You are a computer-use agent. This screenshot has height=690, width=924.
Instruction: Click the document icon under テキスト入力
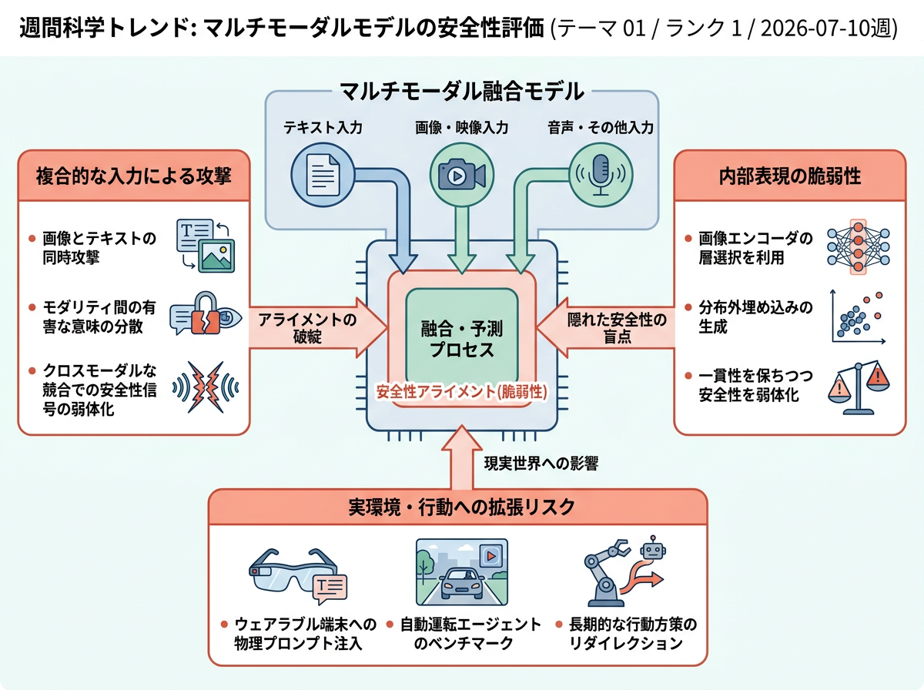(323, 175)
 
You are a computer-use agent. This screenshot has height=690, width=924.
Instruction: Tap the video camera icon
(462, 174)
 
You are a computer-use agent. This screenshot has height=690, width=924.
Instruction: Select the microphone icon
(601, 175)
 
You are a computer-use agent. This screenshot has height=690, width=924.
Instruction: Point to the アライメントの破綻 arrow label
(307, 328)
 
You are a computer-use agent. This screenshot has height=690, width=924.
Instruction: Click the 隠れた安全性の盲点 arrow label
(617, 328)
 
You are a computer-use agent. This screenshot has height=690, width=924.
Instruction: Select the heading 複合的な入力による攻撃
(134, 176)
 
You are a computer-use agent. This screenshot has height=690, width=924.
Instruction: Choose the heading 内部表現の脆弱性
(790, 176)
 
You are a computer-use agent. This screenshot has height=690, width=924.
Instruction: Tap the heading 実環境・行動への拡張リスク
(462, 507)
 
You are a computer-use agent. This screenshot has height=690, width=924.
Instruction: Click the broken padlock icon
(206, 313)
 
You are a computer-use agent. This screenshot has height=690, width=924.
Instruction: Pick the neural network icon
(859, 246)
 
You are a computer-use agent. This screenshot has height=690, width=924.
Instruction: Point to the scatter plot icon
(859, 317)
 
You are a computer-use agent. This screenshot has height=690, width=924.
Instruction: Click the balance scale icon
(859, 387)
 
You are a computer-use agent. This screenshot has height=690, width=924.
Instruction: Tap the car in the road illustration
(462, 583)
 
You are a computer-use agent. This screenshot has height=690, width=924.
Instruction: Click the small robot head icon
(653, 548)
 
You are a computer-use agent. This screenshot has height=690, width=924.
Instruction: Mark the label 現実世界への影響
(541, 463)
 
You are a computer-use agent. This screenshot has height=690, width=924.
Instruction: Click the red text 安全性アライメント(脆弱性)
(462, 391)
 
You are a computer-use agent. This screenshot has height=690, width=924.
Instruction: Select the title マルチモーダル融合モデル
(462, 91)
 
